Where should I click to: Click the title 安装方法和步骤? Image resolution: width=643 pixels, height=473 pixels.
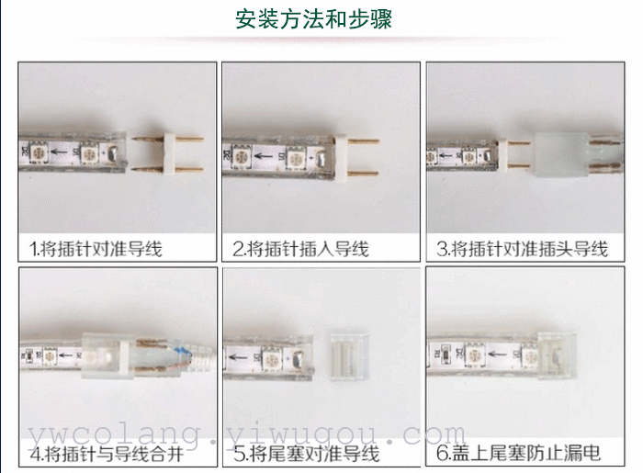click(314, 19)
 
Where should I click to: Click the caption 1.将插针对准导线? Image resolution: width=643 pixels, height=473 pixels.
click(96, 249)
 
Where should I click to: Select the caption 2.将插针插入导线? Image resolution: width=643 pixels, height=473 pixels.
click(300, 249)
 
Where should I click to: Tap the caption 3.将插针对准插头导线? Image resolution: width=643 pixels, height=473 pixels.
click(522, 249)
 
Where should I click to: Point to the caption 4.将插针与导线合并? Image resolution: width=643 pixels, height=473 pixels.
click(107, 454)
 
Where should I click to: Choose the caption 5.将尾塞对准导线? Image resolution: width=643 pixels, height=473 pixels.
click(306, 454)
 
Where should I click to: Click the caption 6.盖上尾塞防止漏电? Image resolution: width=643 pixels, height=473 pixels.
click(518, 453)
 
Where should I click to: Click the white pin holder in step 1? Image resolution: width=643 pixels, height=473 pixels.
click(169, 154)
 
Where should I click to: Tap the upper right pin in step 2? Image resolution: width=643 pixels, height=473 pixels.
click(364, 141)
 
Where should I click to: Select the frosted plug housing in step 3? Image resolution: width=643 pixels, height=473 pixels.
click(562, 154)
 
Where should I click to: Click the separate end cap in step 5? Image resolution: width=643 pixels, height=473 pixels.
click(349, 356)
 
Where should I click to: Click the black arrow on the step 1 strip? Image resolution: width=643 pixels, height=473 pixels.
click(59, 152)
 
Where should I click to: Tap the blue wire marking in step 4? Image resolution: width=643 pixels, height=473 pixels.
click(182, 352)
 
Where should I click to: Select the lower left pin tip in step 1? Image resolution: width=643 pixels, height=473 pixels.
click(133, 169)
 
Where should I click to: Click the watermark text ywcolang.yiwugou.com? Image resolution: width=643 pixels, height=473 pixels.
click(246, 434)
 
